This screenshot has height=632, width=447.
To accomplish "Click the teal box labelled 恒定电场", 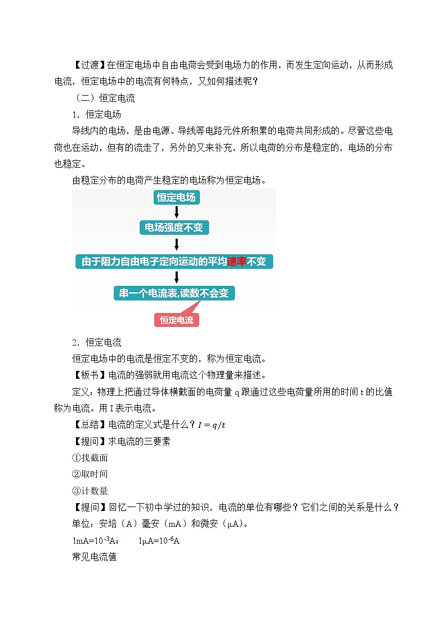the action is (x=177, y=198).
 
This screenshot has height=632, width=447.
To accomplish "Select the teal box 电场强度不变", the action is (x=177, y=227).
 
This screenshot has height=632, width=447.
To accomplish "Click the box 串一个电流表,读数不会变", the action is (x=175, y=293).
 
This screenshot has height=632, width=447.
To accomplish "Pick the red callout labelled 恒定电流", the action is (x=176, y=320).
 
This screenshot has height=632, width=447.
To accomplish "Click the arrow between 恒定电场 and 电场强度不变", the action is (x=177, y=212).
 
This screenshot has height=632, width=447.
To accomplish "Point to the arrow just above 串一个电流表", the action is (x=177, y=277).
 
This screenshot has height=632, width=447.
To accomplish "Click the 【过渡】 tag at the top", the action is (x=89, y=65).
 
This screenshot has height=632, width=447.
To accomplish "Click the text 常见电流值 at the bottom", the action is (x=94, y=558).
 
